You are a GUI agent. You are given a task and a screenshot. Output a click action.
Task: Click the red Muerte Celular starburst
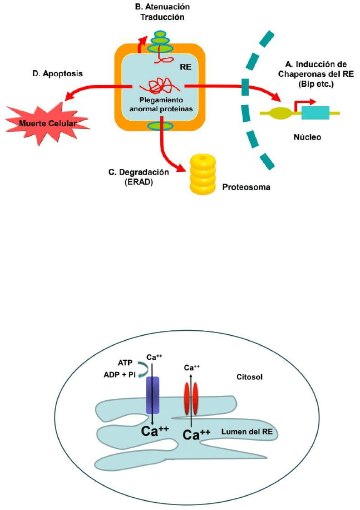coord(38,121)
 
